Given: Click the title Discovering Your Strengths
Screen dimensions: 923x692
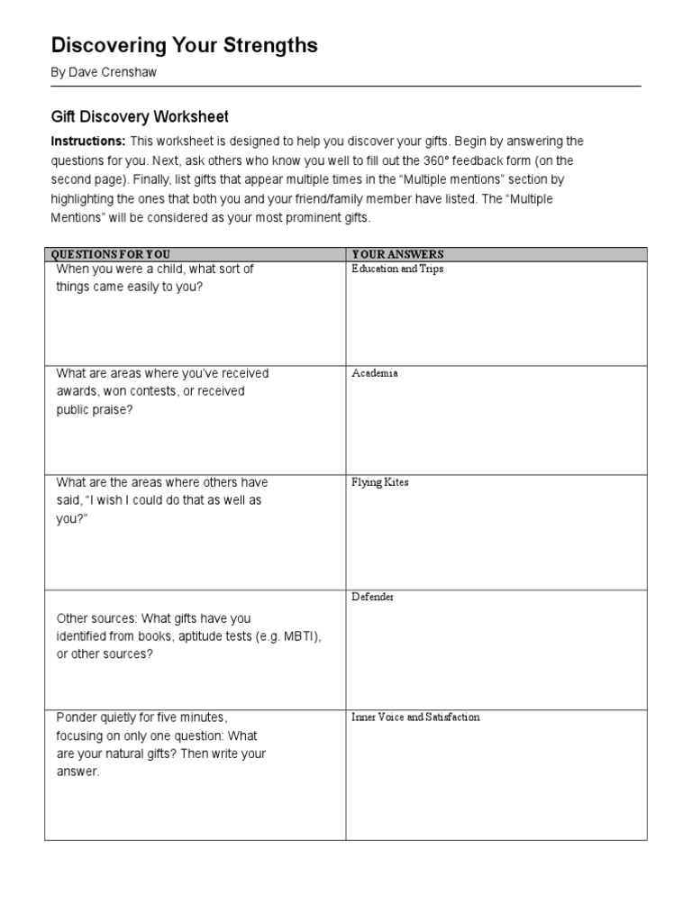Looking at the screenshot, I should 184,46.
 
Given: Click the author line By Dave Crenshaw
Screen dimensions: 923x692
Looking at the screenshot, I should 104,72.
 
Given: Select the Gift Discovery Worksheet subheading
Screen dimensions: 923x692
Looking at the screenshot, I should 140,117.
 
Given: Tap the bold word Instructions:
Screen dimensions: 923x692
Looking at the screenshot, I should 87,142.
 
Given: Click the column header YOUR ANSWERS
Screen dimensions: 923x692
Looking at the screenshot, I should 397,254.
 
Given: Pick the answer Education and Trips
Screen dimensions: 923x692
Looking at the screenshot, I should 397,270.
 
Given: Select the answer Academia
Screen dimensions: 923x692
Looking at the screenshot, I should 375,373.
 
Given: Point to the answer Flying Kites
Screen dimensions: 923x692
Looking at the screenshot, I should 380,482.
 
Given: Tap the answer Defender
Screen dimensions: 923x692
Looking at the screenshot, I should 373,597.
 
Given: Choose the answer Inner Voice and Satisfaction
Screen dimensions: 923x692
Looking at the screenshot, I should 415,717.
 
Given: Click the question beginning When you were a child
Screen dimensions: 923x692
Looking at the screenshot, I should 155,278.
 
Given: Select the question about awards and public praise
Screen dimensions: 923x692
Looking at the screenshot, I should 162,391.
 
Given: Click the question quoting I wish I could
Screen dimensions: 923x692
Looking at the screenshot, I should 162,499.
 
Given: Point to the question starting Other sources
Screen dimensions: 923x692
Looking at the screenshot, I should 188,636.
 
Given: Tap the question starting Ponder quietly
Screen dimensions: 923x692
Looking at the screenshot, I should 161,745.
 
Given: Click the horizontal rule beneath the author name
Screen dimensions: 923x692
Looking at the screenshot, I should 346,87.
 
